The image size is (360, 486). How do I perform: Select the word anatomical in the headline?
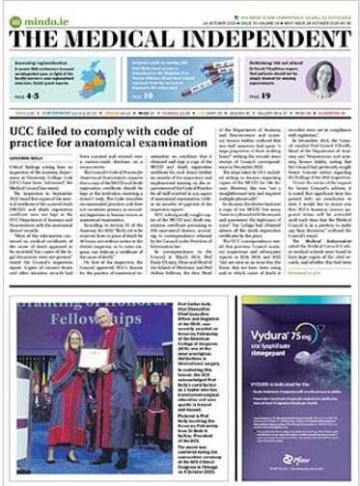point(118,146)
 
